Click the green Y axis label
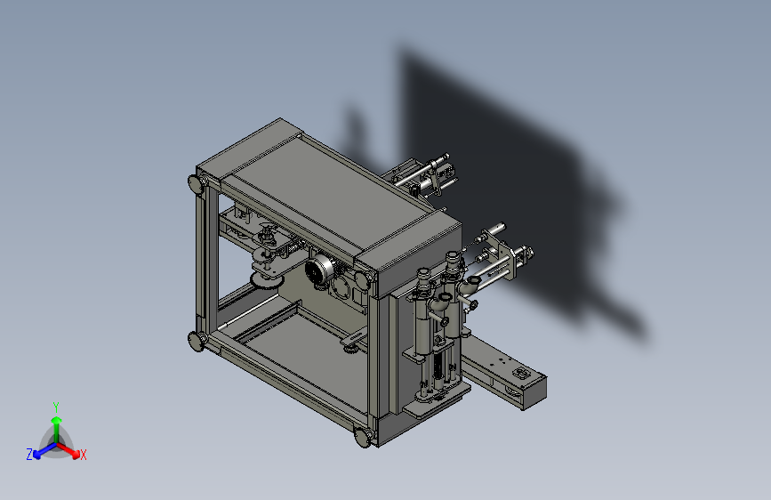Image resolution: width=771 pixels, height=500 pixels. [55, 407]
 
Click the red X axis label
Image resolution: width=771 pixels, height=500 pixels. [83, 456]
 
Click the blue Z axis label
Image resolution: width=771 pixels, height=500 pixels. [29, 455]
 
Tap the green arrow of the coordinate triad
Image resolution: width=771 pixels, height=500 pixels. [57, 429]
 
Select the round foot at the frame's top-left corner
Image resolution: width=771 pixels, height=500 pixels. [197, 183]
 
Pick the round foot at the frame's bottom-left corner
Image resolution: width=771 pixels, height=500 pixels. [197, 341]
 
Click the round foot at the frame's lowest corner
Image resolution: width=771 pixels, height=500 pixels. [364, 437]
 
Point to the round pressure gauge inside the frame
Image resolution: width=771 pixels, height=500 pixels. [319, 270]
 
